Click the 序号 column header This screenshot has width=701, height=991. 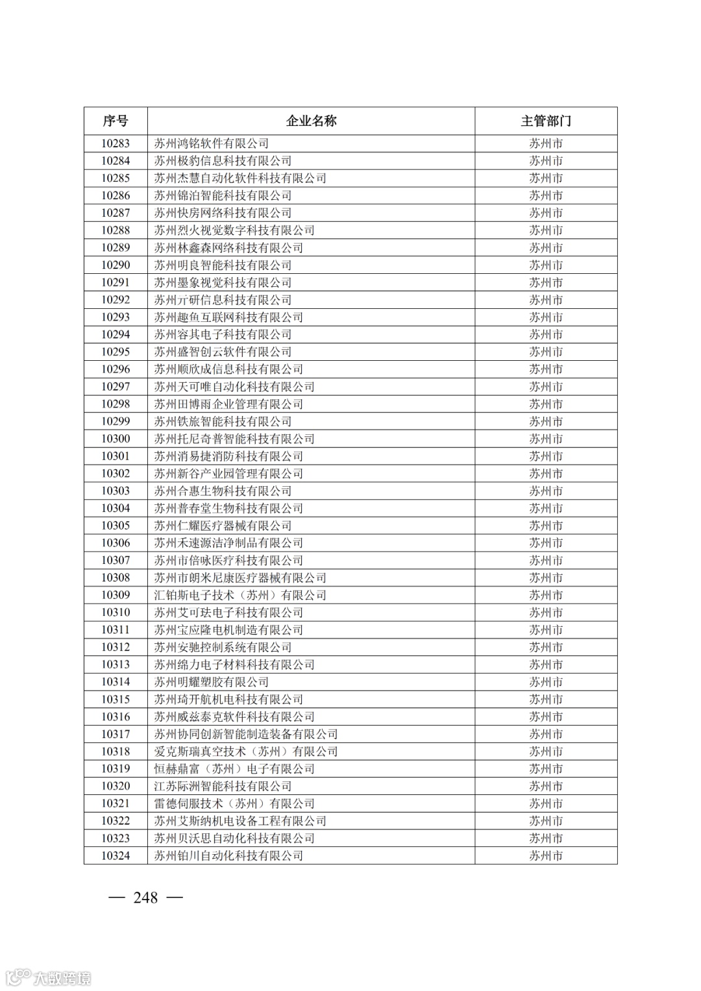pyautogui.click(x=116, y=121)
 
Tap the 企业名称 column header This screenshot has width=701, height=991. pyautogui.click(x=312, y=121)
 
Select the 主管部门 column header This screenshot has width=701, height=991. pyautogui.click(x=546, y=121)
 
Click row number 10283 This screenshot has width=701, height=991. pyautogui.click(x=116, y=143)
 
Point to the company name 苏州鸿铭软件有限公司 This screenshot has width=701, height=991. pyautogui.click(x=212, y=143)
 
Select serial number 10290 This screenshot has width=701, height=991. pyautogui.click(x=116, y=265)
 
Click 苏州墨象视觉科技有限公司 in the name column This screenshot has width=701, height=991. pyautogui.click(x=223, y=282)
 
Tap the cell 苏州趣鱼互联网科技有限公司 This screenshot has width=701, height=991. pyautogui.click(x=228, y=317)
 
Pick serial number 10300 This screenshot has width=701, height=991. pyautogui.click(x=116, y=439)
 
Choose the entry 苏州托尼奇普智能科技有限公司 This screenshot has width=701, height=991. pyautogui.click(x=234, y=439)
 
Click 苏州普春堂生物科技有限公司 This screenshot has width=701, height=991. pyautogui.click(x=228, y=508)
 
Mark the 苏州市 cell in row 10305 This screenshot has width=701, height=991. pyautogui.click(x=546, y=526)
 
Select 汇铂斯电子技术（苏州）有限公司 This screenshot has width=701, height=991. pyautogui.click(x=240, y=595)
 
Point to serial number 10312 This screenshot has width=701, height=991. pyautogui.click(x=116, y=647)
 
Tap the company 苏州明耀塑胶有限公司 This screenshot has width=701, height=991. pyautogui.click(x=212, y=682)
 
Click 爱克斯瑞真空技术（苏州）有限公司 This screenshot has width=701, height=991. pyautogui.click(x=246, y=752)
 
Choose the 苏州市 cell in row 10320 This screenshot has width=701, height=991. pyautogui.click(x=546, y=786)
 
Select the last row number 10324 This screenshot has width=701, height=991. pyautogui.click(x=116, y=855)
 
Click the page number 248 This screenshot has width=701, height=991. pyautogui.click(x=145, y=898)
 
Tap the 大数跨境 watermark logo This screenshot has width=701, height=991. pyautogui.click(x=48, y=977)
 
